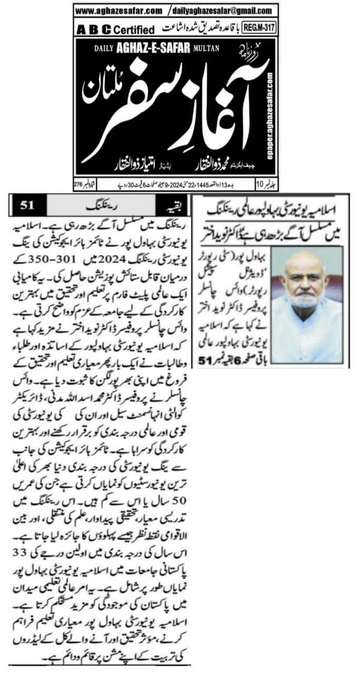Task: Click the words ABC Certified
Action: (115, 29)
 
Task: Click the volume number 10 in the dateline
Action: (262, 185)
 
